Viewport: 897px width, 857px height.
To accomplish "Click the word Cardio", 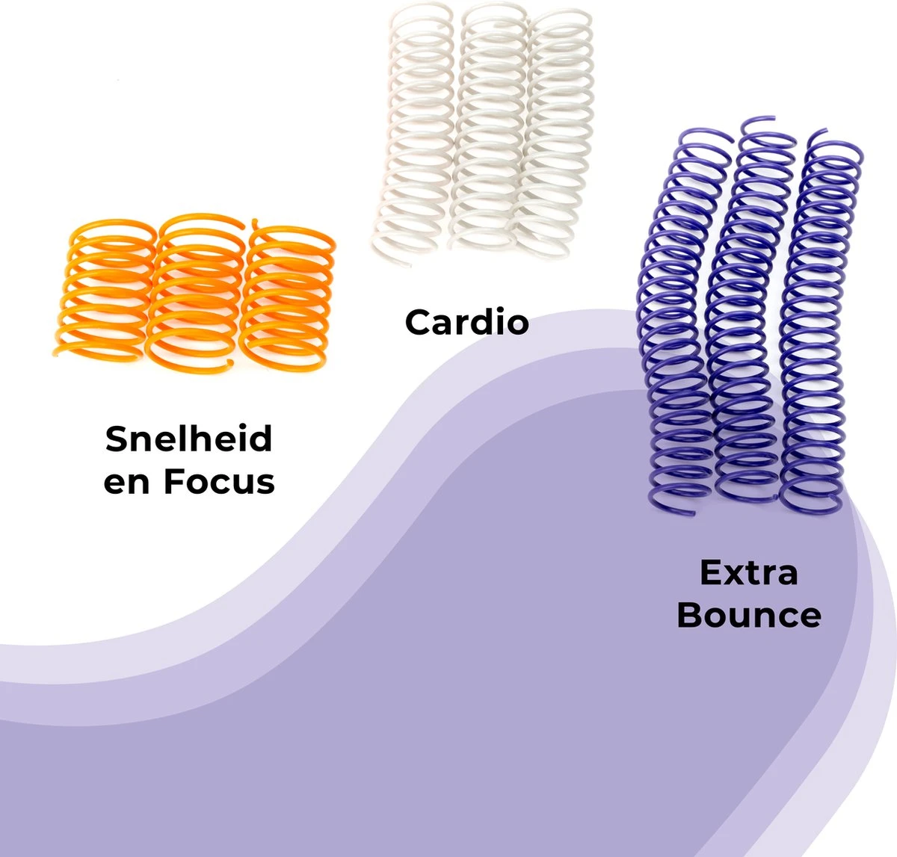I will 466,322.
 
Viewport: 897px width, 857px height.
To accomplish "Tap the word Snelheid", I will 188,439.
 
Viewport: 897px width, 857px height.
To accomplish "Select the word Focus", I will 219,482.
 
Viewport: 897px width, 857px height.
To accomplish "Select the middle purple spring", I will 747,314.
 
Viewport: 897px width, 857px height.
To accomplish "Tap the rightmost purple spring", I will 819,321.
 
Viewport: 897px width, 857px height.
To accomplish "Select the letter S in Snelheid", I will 116,439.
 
